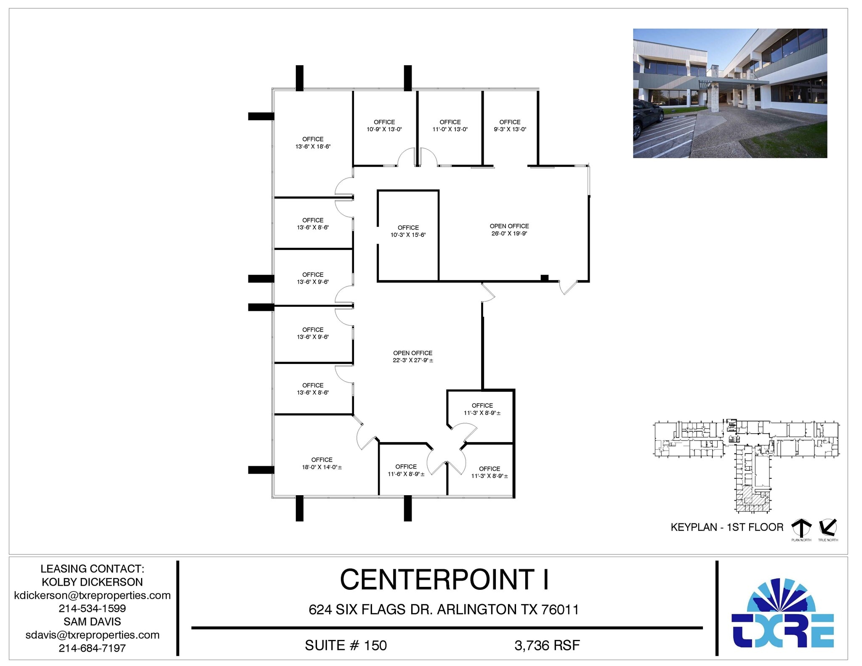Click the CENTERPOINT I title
click(x=444, y=579)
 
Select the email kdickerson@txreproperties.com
click(x=92, y=595)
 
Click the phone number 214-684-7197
click(x=92, y=648)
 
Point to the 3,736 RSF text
click(x=547, y=645)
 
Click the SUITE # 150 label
click(x=346, y=645)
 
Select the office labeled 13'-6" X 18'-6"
click(x=313, y=143)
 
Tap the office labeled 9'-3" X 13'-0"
click(x=510, y=126)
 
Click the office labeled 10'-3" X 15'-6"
click(x=408, y=231)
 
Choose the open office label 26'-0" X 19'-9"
click(x=509, y=230)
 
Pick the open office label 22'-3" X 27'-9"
click(x=413, y=357)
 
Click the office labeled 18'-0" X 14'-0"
click(x=322, y=464)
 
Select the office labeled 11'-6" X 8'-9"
click(x=406, y=470)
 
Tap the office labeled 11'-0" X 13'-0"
click(x=450, y=126)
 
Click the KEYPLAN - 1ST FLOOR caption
click(x=727, y=527)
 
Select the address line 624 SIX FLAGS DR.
click(x=370, y=610)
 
